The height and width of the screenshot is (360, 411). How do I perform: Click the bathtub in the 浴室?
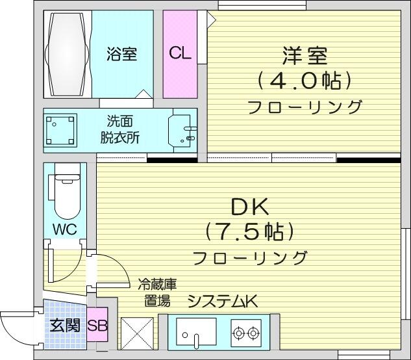[x=68, y=55]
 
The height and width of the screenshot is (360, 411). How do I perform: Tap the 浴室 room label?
[x=122, y=54]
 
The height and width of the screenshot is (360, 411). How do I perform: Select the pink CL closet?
[x=180, y=55]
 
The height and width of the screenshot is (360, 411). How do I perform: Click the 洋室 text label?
[x=305, y=56]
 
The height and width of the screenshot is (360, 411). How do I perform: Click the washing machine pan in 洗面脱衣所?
[x=60, y=130]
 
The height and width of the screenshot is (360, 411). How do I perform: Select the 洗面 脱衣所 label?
[x=119, y=129]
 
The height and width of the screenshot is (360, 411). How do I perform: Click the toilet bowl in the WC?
[x=68, y=194]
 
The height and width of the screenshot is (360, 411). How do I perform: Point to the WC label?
[x=65, y=229]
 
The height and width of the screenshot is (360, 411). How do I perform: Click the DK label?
[x=249, y=207]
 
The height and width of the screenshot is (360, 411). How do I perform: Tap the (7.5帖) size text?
[x=249, y=232]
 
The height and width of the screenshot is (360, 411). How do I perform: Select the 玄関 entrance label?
[x=65, y=326]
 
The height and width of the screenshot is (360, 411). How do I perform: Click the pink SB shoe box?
[x=97, y=324]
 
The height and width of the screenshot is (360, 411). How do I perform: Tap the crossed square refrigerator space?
[x=137, y=334]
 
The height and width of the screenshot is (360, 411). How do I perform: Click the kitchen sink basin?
[x=196, y=331]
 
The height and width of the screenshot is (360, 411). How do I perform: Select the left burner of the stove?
[x=239, y=333]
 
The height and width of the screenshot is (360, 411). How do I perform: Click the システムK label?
[x=223, y=302]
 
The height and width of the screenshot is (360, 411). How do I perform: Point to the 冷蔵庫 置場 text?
[x=157, y=292]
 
